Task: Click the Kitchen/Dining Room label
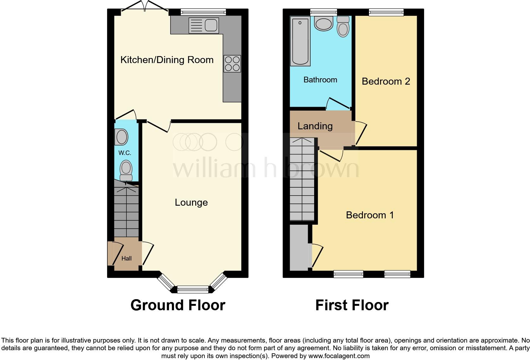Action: coord(167,60)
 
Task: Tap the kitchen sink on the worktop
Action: coord(204,25)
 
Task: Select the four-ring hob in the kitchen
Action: coord(232,63)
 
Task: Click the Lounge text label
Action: coord(191,202)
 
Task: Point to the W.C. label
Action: coord(125,153)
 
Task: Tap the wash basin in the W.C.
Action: coord(121,137)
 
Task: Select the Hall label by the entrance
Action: coord(126,258)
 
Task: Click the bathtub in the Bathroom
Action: coord(300,42)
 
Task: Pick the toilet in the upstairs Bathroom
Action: coord(343,27)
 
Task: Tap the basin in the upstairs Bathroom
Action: coord(324,23)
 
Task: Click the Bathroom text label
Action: coord(320,80)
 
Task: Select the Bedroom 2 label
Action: coord(386,81)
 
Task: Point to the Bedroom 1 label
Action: coord(370,215)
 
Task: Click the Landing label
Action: coord(315,126)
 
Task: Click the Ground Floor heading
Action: coord(178,305)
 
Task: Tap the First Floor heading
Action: coord(352,305)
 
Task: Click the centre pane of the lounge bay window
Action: coord(193,289)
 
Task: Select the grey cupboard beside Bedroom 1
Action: coord(299,247)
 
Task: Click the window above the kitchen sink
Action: coord(203,12)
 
